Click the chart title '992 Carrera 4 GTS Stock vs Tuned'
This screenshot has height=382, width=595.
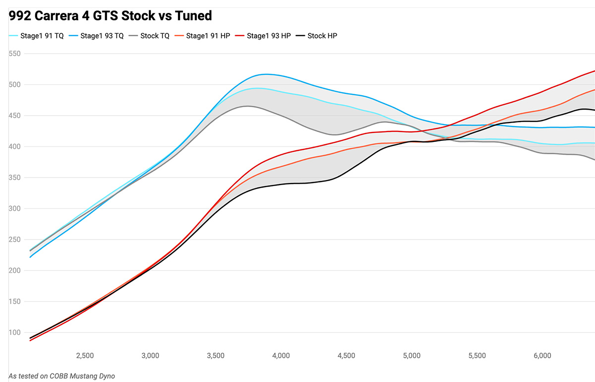click(x=110, y=16)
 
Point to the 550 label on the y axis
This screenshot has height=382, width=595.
click(x=15, y=54)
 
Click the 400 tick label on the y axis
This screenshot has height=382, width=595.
click(x=15, y=147)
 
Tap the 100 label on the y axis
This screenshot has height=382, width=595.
click(x=15, y=333)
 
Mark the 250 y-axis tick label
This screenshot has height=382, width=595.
click(x=15, y=240)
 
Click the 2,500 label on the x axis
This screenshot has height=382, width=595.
click(x=85, y=356)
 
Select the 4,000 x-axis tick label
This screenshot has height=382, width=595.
click(x=281, y=356)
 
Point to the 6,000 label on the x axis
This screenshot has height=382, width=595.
click(x=542, y=356)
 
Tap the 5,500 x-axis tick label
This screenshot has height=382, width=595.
click(x=476, y=356)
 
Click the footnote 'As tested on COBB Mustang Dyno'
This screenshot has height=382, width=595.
click(x=61, y=376)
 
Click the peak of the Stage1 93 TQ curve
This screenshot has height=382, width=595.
click(x=266, y=74)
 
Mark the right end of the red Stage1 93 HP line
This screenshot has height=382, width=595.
click(x=594, y=71)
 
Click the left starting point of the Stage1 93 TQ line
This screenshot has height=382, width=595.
click(x=30, y=257)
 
